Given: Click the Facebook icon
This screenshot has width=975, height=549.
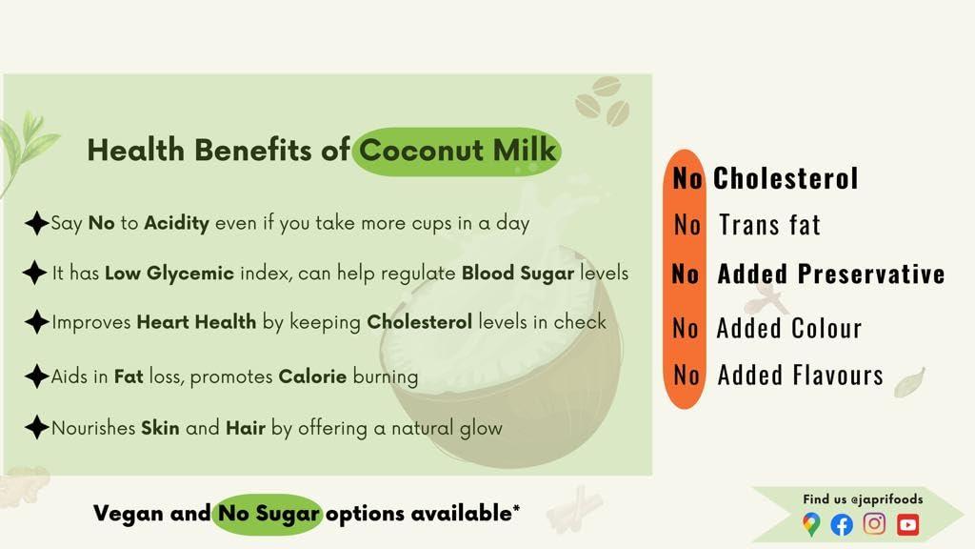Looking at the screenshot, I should tap(842, 524).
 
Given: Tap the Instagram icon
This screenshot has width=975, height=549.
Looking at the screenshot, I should tap(874, 523).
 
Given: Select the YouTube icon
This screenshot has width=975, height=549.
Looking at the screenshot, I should tap(907, 524).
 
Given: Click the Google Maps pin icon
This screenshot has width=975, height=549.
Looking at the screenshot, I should tap(810, 524).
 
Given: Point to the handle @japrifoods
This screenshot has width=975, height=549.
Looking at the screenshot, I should tap(886, 499).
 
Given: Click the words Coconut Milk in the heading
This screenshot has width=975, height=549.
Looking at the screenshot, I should tap(458, 151).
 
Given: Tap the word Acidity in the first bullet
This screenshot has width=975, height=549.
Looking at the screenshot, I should tap(176, 224).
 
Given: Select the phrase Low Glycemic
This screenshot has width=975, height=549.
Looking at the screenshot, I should tap(169, 274).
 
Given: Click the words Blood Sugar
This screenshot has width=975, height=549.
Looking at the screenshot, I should tap(518, 274).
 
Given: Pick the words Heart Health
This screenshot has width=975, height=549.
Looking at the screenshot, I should tap(196, 322).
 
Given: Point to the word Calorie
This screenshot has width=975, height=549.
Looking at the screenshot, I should tap(312, 376).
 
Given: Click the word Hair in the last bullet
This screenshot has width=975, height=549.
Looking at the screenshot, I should tap(245, 428).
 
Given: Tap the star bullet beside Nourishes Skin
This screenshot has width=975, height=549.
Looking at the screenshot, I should tap(36, 427).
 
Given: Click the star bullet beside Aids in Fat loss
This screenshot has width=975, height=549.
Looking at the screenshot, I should tap(36, 376).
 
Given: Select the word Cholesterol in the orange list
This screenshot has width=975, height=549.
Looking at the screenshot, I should tap(786, 178).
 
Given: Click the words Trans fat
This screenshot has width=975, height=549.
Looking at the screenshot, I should tap(769, 225).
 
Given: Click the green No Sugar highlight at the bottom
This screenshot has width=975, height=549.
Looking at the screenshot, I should tap(268, 514).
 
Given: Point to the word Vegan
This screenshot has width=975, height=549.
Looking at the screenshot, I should tap(129, 514).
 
